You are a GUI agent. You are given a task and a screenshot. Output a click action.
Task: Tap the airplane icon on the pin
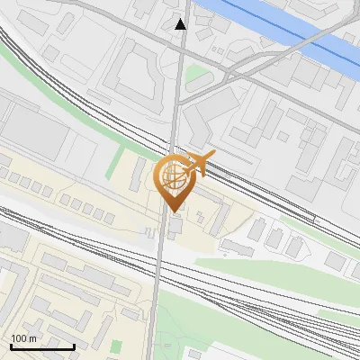(x=199, y=163)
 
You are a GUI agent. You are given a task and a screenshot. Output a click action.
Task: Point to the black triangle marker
(x=181, y=24)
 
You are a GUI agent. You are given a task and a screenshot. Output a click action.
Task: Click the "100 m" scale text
(x=24, y=338)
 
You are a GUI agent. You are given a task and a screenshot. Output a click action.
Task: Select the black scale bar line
(x=42, y=346)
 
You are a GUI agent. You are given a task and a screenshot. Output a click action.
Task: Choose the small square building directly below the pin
(x=175, y=224)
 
